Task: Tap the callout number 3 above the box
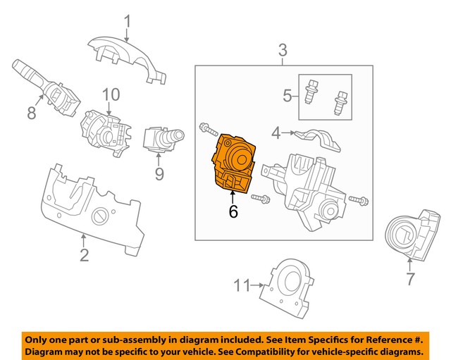point(283,50)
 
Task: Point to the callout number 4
point(276,131)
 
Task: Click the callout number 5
point(288,95)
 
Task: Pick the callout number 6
point(234,210)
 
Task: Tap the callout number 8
point(31,113)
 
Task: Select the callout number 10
point(111,94)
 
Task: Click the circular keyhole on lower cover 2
point(101,216)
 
